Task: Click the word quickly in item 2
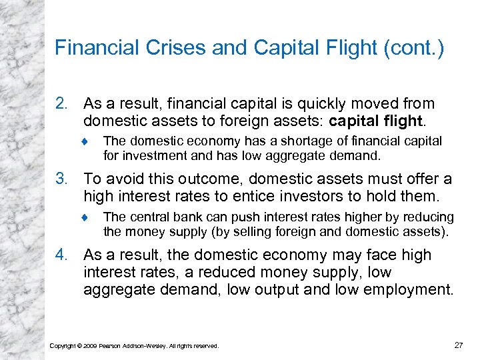click(304, 104)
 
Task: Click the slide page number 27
click(459, 345)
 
